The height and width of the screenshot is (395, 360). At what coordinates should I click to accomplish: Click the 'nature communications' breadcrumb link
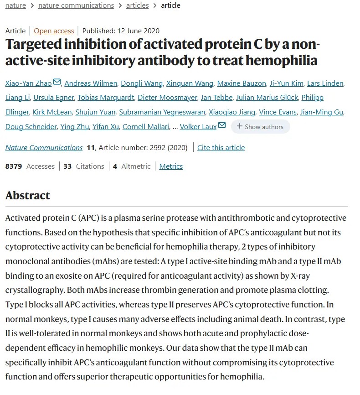[x=76, y=5]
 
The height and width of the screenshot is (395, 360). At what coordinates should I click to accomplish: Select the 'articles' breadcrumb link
[x=138, y=5]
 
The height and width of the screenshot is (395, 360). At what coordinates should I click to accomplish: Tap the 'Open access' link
[x=54, y=31]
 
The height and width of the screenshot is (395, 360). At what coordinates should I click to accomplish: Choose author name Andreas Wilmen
[x=91, y=83]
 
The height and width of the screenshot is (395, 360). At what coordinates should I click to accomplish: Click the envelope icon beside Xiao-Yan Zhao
[x=57, y=83]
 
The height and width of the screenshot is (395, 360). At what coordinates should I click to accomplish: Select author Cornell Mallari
[x=146, y=127]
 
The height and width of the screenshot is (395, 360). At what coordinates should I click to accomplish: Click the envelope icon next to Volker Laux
[x=222, y=125]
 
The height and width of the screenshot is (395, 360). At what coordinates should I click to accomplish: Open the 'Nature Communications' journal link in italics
[x=44, y=148]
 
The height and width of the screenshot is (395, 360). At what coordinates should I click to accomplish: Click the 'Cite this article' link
[x=221, y=148]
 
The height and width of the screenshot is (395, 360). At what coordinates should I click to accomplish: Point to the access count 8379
[x=14, y=166]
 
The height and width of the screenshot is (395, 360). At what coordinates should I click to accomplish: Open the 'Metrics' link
[x=171, y=166]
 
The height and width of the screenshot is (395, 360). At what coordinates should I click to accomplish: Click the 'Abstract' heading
[x=27, y=196]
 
